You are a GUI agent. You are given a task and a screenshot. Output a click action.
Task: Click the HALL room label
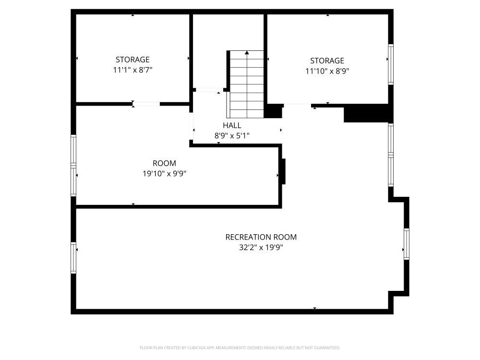[232, 125]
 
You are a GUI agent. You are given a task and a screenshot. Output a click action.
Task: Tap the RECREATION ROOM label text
[261, 237]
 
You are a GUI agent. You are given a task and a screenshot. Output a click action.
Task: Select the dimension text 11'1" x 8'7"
[133, 70]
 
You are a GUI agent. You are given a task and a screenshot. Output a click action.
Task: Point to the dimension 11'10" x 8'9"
[327, 71]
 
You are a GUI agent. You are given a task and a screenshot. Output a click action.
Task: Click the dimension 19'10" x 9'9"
[164, 174]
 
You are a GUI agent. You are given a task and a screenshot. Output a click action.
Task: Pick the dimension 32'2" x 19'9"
[261, 247]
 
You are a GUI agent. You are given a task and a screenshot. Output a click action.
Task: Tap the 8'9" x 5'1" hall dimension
[232, 136]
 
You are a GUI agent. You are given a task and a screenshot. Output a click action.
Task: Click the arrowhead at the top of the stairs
[247, 53]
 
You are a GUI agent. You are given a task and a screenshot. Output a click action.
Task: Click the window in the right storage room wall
[391, 64]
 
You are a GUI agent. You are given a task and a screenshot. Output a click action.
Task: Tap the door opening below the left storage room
[146, 104]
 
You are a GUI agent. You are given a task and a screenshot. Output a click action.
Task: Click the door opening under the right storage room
[297, 106]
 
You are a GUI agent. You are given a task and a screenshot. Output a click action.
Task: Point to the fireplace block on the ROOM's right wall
[283, 171]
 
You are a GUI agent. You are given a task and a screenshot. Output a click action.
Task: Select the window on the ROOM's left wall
[73, 165]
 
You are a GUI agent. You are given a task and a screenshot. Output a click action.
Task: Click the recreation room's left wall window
[73, 258]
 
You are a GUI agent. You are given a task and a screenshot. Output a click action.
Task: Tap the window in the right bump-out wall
[407, 244]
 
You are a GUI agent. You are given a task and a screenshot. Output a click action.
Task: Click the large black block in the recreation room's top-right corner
[367, 113]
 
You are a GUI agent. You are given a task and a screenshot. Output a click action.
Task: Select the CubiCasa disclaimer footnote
[240, 348]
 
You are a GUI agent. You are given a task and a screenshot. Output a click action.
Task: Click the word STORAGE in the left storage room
[132, 60]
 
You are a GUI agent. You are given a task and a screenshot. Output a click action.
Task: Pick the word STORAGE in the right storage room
[327, 60]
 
